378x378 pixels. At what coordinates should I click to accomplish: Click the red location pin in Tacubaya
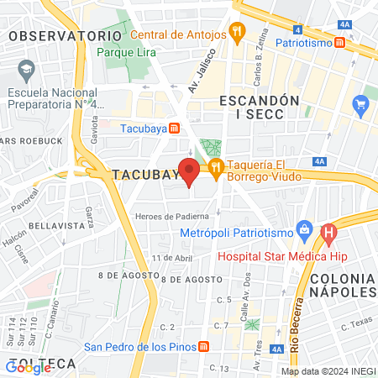189,171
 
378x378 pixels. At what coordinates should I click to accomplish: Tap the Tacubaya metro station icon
174,129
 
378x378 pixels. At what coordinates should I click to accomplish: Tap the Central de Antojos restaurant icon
239,35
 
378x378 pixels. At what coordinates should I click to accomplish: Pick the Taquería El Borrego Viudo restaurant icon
216,166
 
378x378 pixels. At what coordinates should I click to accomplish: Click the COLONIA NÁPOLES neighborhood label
343,285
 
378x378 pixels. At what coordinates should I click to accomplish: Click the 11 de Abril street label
167,257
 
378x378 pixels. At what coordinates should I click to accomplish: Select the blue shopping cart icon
362,105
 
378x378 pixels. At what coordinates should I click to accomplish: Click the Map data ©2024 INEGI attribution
327,371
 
